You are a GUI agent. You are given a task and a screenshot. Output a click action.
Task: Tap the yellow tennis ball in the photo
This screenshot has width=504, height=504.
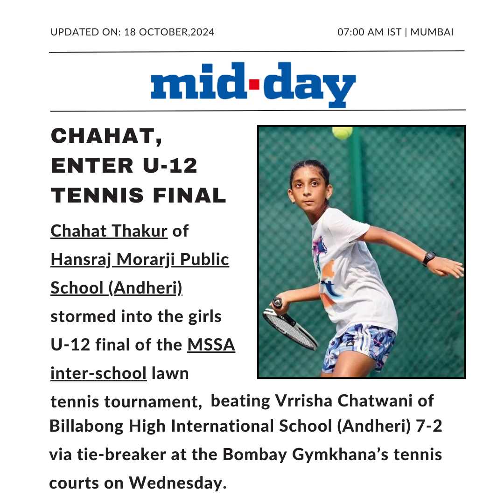click(x=342, y=133)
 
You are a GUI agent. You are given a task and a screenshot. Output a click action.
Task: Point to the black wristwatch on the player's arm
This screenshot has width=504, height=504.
click(x=428, y=258)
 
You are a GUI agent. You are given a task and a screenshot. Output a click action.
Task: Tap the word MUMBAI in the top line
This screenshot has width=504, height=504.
click(x=432, y=32)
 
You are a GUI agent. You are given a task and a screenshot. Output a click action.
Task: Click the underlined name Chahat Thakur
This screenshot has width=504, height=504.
click(x=109, y=231)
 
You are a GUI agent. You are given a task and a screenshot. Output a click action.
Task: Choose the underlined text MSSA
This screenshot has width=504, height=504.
click(x=211, y=345)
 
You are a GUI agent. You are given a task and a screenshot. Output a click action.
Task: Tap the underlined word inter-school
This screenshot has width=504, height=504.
click(x=98, y=373)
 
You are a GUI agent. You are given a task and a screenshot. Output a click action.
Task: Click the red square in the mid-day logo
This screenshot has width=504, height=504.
click(x=254, y=85)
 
